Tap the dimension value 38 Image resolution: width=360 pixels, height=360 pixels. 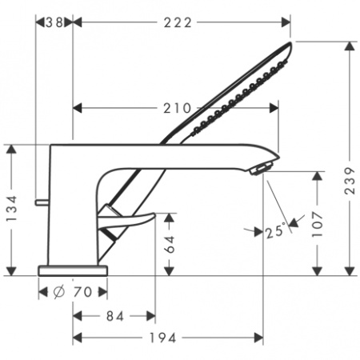pos(53,22)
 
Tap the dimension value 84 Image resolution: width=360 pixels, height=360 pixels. pos(114,317)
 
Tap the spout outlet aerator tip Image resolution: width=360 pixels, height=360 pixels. pos(262,169)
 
